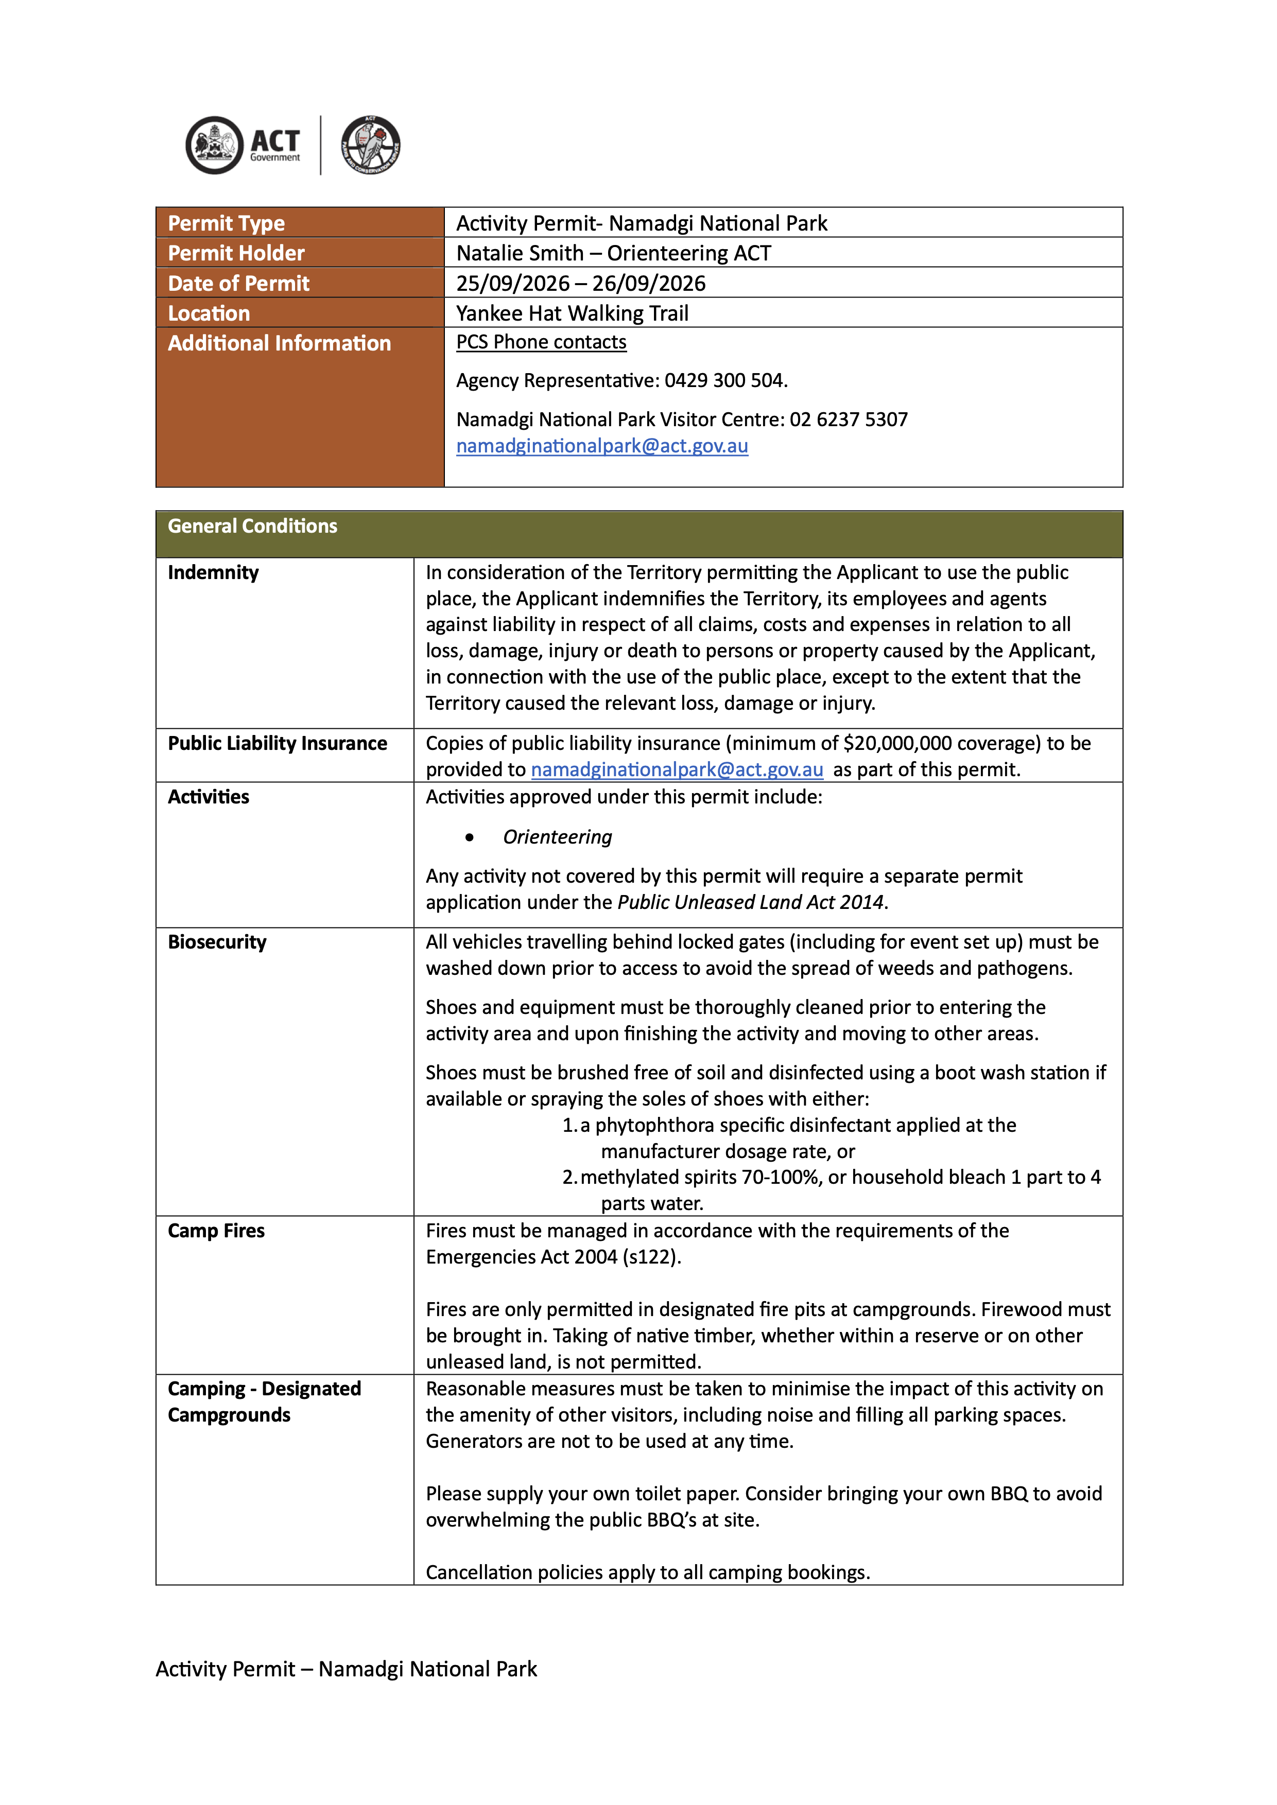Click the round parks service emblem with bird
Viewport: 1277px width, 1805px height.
pyautogui.click(x=370, y=145)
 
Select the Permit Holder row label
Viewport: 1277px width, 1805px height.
pyautogui.click(x=236, y=253)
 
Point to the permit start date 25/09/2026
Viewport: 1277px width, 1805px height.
pyautogui.click(x=513, y=283)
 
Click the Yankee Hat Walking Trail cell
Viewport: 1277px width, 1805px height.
pyautogui.click(x=573, y=313)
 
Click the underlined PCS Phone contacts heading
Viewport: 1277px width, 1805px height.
pyautogui.click(x=541, y=342)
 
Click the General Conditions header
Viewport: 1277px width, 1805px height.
pyautogui.click(x=252, y=526)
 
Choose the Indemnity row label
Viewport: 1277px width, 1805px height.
pyautogui.click(x=213, y=572)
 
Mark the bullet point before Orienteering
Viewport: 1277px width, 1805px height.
pyautogui.click(x=470, y=837)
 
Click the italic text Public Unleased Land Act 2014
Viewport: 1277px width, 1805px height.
pyautogui.click(x=750, y=903)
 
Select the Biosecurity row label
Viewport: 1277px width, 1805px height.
pyautogui.click(x=217, y=942)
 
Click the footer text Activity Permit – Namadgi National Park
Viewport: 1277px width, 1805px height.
pyautogui.click(x=346, y=1669)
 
